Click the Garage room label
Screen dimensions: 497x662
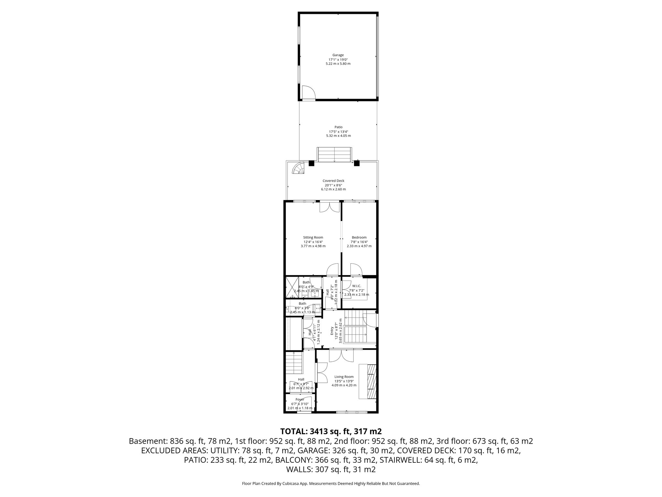coord(338,55)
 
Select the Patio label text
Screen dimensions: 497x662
coord(338,127)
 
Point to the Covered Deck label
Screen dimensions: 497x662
coord(333,181)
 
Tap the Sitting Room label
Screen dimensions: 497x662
coord(313,237)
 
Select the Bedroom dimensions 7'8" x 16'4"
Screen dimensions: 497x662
coord(359,242)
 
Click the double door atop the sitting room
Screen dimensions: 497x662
coord(330,207)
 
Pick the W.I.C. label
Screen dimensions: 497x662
coord(357,286)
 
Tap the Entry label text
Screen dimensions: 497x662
coord(332,330)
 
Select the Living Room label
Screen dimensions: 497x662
coord(344,377)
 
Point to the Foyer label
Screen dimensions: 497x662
coord(300,400)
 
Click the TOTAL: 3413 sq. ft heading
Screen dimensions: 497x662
coord(331,431)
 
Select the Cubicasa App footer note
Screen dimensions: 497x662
coord(331,484)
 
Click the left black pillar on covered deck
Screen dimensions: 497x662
coord(311,163)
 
